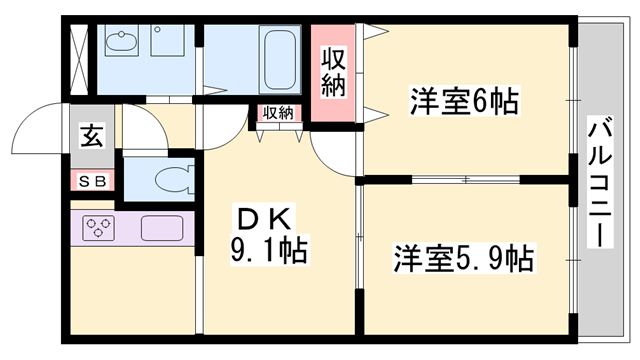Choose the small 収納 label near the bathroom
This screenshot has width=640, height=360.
tap(279, 113)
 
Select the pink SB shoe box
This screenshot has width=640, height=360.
tap(93, 181)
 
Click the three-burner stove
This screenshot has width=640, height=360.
tap(99, 228)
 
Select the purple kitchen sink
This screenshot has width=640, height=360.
tap(162, 228)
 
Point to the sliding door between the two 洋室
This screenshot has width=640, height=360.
tap(465, 180)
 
